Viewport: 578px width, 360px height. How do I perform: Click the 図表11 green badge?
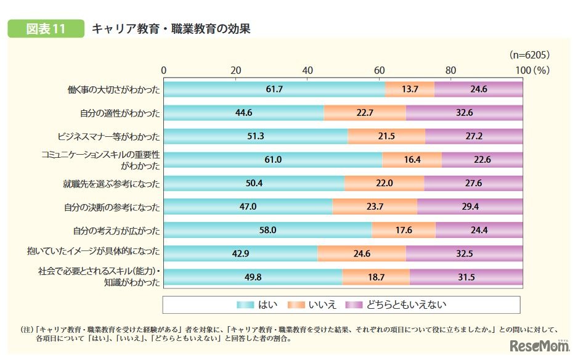(x=46, y=29)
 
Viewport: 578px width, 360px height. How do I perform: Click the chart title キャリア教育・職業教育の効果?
(x=171, y=29)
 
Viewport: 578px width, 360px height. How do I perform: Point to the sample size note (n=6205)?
(x=528, y=55)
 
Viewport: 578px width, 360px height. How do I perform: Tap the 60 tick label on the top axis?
(x=379, y=70)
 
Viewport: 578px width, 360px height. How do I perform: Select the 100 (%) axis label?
(x=532, y=70)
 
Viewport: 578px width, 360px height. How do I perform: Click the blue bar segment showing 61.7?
(x=274, y=89)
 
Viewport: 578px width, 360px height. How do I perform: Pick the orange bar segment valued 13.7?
(x=409, y=89)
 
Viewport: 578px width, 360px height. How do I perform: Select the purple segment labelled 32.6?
(x=464, y=113)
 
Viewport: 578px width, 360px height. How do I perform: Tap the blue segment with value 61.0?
(x=273, y=160)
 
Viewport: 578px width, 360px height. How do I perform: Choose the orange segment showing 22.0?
(x=384, y=183)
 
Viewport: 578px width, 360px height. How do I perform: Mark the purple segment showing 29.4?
(x=470, y=207)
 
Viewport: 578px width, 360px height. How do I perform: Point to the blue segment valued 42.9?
(x=240, y=253)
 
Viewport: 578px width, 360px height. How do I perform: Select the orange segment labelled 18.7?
(x=375, y=277)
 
